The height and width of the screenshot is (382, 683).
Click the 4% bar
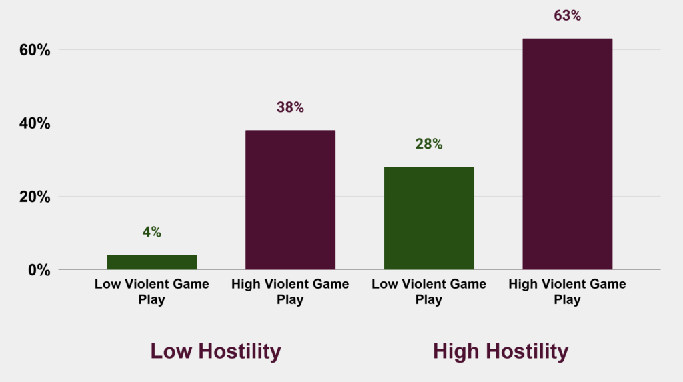point(151,262)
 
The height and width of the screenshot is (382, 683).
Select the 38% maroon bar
point(290,199)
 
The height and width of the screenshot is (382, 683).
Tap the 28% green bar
point(429,218)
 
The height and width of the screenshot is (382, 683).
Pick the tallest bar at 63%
point(567,154)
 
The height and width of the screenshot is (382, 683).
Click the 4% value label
point(151,232)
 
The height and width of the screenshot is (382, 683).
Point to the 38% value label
point(290,107)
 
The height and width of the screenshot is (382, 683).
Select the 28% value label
point(429,144)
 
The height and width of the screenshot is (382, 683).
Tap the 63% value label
point(567,15)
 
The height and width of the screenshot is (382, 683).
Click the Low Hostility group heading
point(215,351)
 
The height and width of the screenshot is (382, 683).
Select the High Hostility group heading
point(500,351)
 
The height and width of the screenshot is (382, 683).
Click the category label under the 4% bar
point(151,292)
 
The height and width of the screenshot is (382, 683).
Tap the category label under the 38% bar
point(290,292)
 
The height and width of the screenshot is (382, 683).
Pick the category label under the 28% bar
point(429,292)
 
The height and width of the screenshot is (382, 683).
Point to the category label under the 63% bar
point(567,292)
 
